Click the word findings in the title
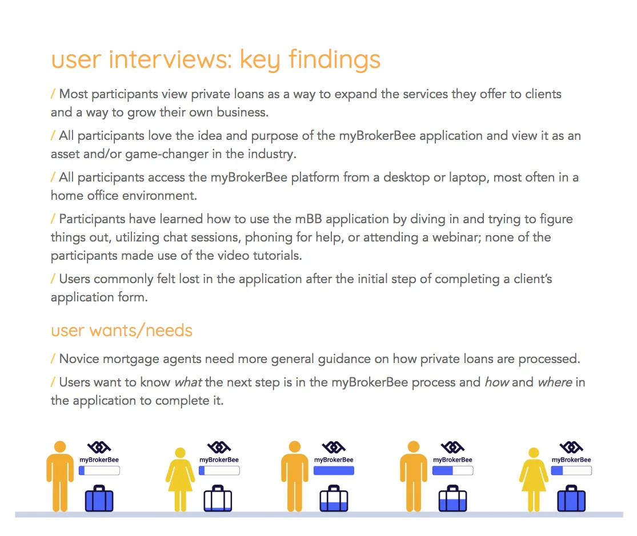tap(334, 59)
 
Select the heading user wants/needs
tap(122, 331)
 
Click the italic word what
tap(188, 382)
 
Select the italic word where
tap(554, 382)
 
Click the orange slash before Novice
tap(53, 359)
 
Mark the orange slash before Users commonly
tap(53, 279)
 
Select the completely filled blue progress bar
tap(334, 471)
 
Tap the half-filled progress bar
tap(452, 471)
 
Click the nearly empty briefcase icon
tap(218, 498)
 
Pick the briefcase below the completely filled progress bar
tap(334, 498)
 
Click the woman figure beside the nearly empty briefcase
tap(180, 478)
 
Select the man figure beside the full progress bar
tap(295, 475)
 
